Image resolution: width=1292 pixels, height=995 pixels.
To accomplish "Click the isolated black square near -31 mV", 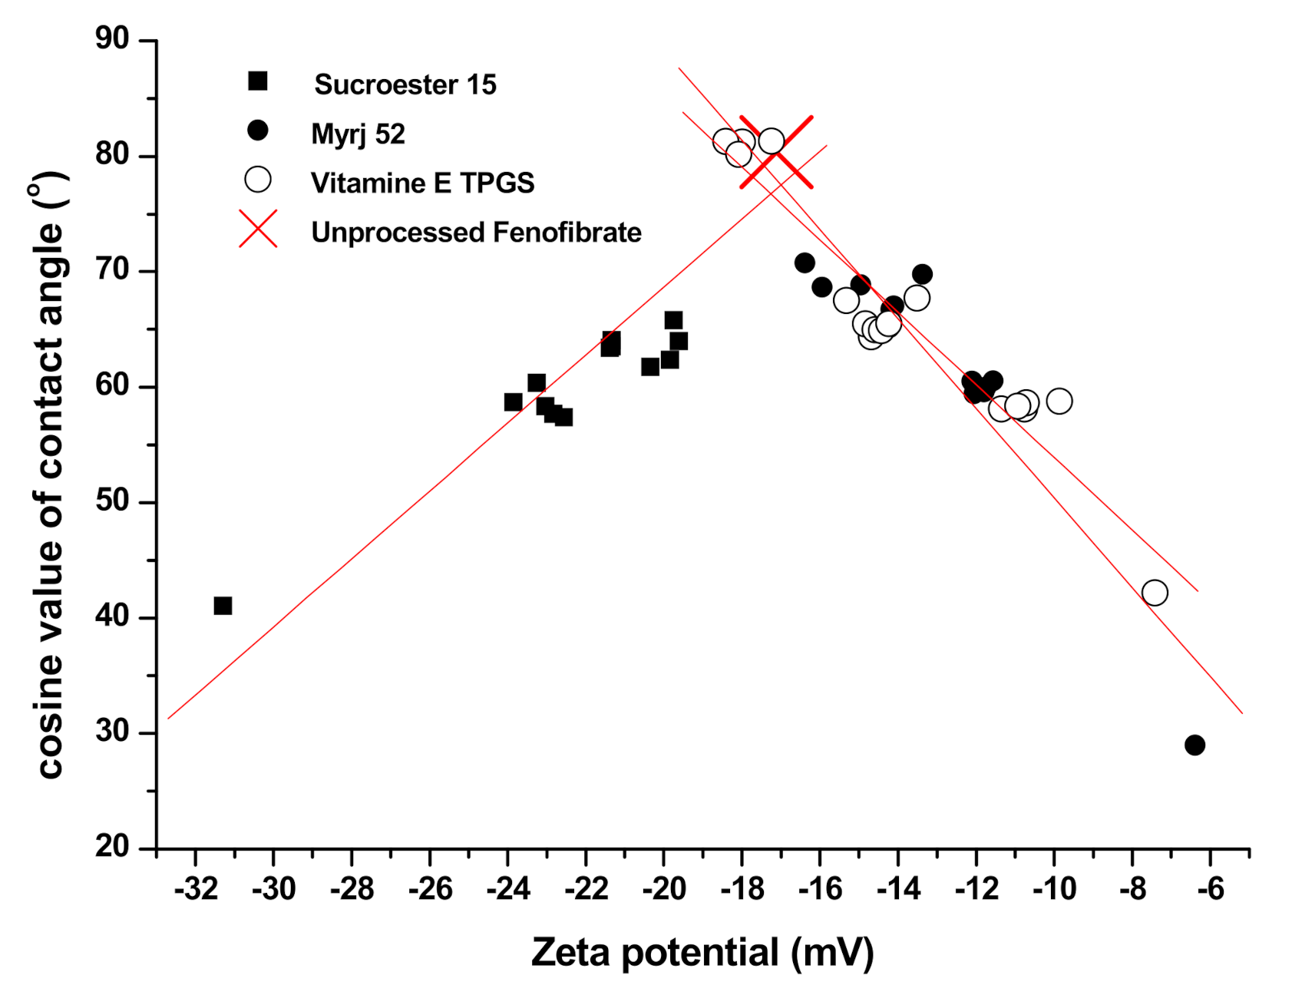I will point(223,606).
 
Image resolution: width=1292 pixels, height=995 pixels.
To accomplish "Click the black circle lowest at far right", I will point(1195,745).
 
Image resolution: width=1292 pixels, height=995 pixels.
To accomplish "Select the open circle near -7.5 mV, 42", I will point(1155,593).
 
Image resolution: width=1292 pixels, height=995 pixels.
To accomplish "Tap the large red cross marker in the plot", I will point(776,152).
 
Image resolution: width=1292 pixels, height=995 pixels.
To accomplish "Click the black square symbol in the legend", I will point(257,81).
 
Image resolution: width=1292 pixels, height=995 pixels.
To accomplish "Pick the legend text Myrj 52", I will point(358,134).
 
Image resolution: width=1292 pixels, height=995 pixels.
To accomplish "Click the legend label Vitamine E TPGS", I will point(422,183).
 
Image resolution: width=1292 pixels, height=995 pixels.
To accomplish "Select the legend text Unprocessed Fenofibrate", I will point(476,233).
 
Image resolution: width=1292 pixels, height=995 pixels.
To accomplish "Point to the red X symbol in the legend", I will point(258,229).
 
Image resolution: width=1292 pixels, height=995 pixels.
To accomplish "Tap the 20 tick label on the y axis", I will point(113,847).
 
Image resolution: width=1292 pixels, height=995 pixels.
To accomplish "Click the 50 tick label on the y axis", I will point(113,501).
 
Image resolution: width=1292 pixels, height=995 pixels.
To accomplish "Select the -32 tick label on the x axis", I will point(195,890).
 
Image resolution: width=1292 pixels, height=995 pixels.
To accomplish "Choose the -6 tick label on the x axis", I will point(1210,890).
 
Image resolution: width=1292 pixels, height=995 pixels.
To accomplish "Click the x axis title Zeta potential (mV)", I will point(702,953).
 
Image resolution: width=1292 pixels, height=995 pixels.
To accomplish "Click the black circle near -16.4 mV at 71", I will point(805,263).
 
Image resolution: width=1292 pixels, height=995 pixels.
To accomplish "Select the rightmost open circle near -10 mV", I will point(1059,401).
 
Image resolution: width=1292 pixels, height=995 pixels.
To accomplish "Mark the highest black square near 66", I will point(673,320).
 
